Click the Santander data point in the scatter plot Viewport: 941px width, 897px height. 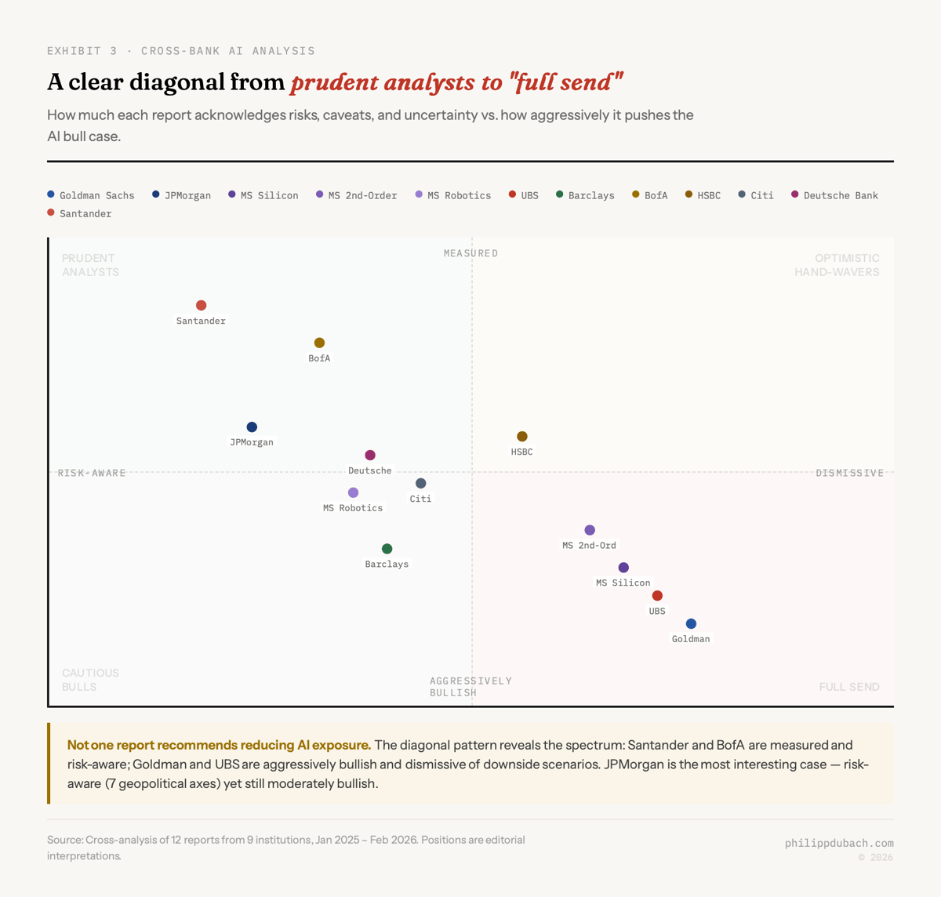pos(202,305)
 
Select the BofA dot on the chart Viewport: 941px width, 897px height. pos(319,343)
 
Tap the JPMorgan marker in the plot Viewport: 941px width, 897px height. pos(252,427)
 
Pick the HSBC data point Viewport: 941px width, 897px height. pos(522,436)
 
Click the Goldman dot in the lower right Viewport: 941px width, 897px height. pos(691,624)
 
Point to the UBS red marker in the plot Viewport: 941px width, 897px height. pos(657,596)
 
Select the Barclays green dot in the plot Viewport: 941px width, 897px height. pos(387,549)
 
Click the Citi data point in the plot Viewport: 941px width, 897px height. pos(421,484)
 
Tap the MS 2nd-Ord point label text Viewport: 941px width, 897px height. pos(589,545)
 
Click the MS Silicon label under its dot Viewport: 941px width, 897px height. pos(623,583)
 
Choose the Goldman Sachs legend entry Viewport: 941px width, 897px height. pos(91,195)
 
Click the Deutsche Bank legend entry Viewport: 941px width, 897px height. pos(835,195)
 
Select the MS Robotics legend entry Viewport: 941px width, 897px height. pos(453,195)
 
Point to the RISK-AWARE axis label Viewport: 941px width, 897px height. pos(92,473)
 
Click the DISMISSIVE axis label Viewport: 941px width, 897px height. pos(849,473)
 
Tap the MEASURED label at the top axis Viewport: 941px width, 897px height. pos(470,253)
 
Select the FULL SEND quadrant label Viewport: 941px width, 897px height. pos(849,687)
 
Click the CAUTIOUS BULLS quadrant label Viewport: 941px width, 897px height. pos(90,680)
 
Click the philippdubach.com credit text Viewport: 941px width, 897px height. pos(839,843)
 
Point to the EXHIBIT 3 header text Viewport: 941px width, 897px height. pos(82,51)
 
